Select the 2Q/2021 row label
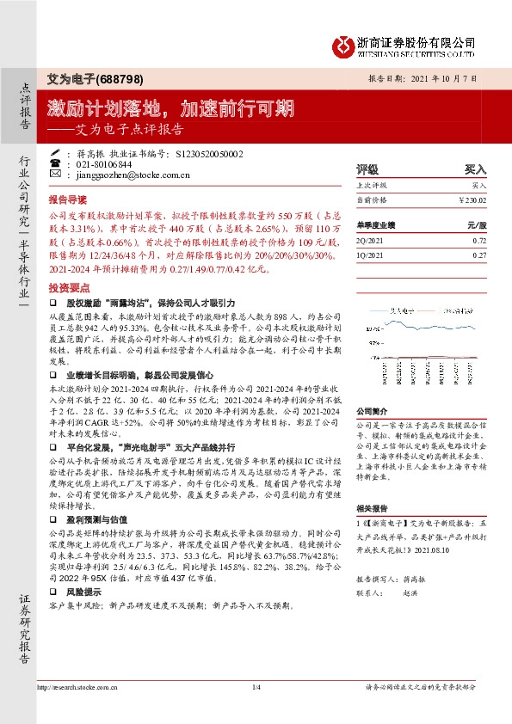click(x=371, y=242)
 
